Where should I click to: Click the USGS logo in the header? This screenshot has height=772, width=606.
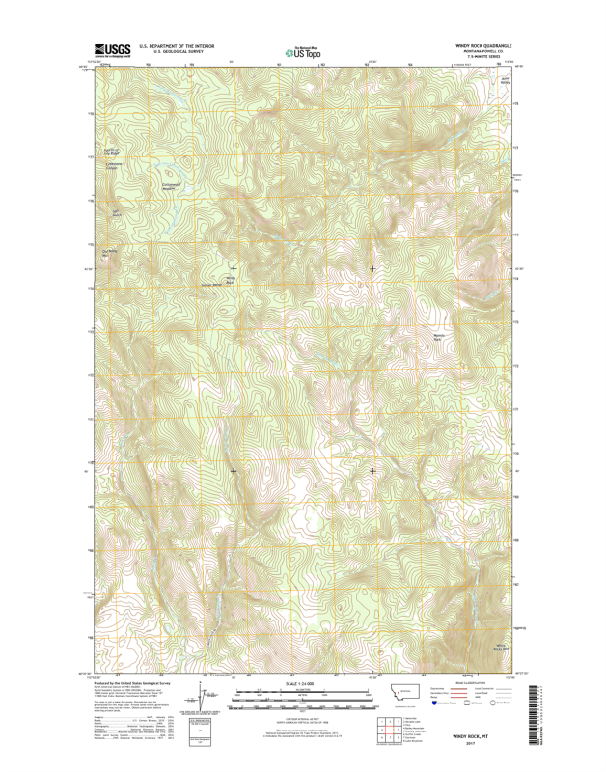111,49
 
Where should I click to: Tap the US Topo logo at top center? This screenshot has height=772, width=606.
303,50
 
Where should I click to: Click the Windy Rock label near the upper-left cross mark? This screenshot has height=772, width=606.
230,280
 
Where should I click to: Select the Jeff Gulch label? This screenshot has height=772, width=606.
117,213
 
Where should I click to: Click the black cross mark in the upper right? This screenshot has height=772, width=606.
372,268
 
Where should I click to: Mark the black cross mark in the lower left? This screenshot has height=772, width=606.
234,471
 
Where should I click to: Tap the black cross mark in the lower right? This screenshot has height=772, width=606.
372,471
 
